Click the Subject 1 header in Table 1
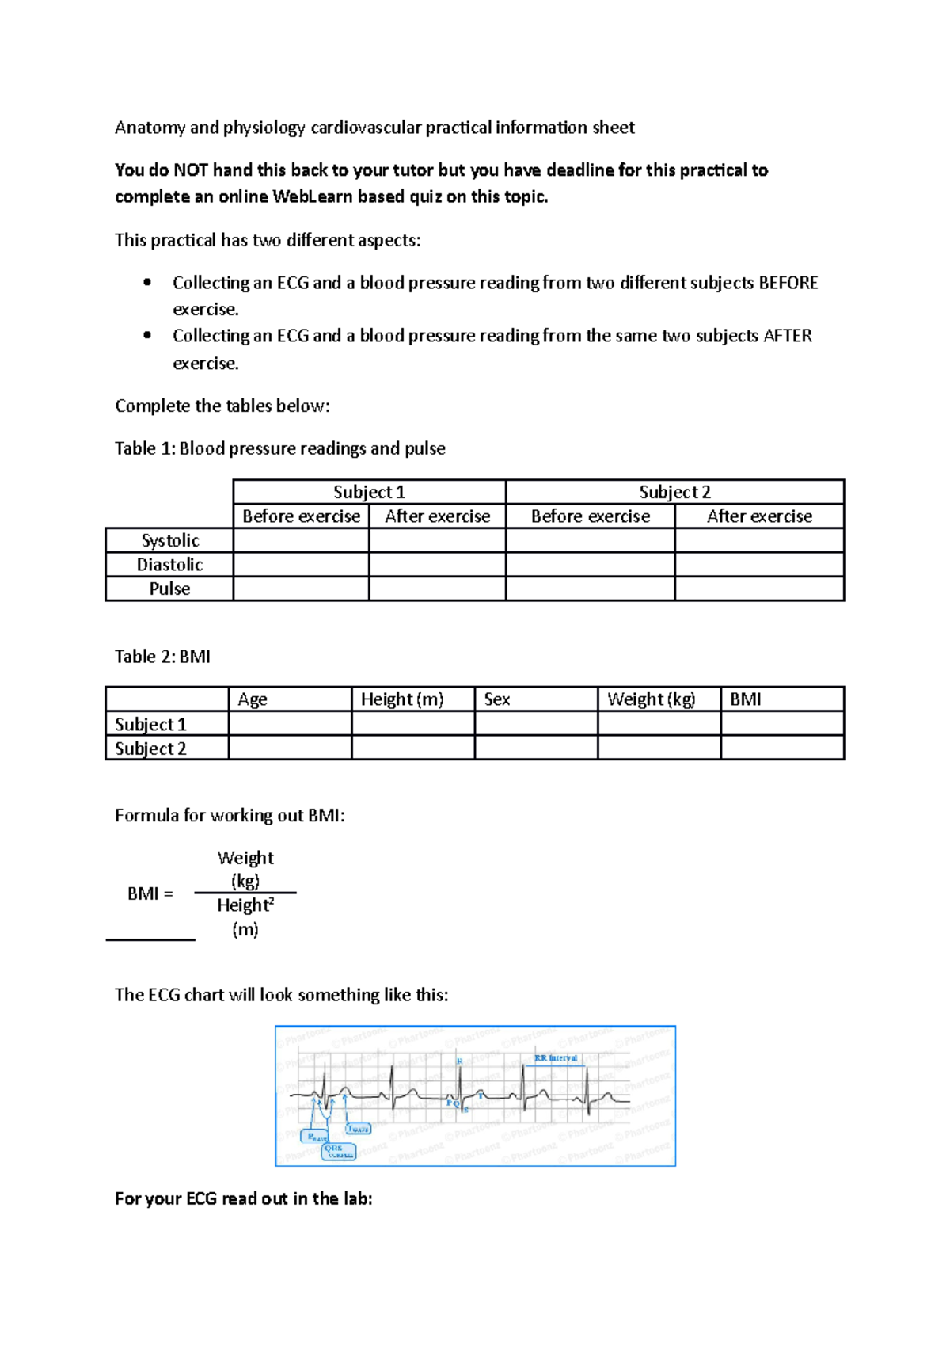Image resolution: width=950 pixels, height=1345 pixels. point(369,492)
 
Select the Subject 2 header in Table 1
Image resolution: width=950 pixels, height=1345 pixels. point(674,492)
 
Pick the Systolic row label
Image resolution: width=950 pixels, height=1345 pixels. point(169,540)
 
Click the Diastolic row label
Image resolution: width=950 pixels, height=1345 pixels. point(169,565)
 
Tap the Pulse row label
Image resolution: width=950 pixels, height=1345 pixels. point(169,589)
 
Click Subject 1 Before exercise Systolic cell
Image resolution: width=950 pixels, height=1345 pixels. point(301,540)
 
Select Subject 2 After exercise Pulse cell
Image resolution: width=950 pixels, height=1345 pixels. point(759,589)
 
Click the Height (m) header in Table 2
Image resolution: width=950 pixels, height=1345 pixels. point(402,699)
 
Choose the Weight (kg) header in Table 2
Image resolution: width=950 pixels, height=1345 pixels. point(651,699)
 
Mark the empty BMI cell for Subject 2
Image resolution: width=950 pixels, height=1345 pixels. point(782,748)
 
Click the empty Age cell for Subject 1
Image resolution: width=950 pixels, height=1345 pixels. point(290,724)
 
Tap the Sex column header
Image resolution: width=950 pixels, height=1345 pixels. point(497,699)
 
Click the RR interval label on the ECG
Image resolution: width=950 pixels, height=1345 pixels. point(556,1058)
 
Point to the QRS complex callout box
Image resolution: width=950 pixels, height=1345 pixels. point(338,1151)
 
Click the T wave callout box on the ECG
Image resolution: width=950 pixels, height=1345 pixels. point(359,1129)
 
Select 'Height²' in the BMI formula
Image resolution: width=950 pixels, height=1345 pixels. point(245,905)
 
